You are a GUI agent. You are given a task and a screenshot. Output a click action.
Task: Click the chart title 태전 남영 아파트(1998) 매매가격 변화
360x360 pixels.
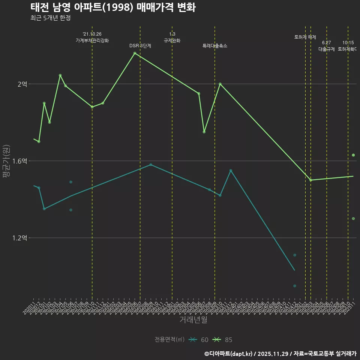[112, 7]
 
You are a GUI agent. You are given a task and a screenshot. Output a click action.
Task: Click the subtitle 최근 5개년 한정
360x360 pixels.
[51, 18]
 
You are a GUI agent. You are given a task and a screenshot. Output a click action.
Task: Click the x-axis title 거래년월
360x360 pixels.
[193, 320]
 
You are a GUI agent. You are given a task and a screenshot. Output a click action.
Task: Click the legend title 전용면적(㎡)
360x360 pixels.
[169, 340]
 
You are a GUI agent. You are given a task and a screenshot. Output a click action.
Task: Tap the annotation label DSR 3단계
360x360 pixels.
[140, 46]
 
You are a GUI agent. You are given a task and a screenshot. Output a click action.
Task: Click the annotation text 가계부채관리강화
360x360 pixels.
[92, 40]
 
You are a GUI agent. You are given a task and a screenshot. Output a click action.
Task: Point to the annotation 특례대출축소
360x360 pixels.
[215, 46]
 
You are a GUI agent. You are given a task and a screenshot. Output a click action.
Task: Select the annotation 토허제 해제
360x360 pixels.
[305, 37]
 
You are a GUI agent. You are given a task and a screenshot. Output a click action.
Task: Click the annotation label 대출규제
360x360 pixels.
[327, 49]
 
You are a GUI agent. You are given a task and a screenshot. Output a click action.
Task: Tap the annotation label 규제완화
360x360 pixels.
[172, 40]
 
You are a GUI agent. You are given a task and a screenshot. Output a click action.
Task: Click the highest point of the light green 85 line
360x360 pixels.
[135, 53]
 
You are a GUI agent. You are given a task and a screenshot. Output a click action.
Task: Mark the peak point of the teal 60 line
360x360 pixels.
[151, 165]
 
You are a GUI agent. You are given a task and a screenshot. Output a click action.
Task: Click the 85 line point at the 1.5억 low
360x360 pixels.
[310, 180]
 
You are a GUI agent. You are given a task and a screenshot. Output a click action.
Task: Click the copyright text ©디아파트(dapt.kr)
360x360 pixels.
[228, 354]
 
